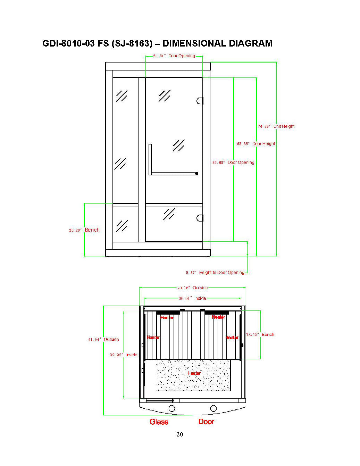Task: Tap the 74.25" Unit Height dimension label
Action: (276, 126)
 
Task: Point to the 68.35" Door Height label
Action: (256, 144)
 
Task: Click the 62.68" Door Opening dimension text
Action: (233, 163)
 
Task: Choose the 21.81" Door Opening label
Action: (174, 56)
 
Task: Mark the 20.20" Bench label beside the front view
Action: (84, 230)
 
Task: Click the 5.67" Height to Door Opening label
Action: (215, 273)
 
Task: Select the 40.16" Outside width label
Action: (192, 288)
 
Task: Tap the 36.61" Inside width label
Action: (192, 298)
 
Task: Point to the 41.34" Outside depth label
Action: (103, 340)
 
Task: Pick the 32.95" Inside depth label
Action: (124, 355)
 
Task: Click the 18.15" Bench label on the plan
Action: (260, 335)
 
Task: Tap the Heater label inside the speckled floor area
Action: (194, 373)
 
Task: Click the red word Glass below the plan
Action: (159, 422)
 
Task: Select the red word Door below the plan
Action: (206, 422)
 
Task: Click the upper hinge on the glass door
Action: (200, 101)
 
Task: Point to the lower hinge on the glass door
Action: (200, 218)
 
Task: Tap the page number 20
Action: (180, 434)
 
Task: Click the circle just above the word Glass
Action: (172, 408)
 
